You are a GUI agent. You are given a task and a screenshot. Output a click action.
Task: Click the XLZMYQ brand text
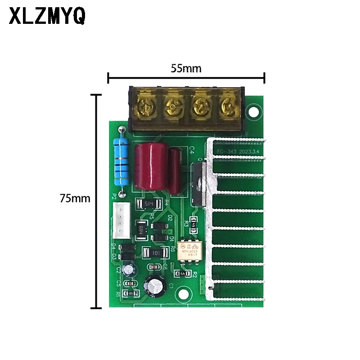tap(47, 18)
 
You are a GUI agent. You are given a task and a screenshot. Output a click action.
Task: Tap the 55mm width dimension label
tap(186, 68)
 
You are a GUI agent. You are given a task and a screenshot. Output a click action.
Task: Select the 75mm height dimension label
tap(75, 198)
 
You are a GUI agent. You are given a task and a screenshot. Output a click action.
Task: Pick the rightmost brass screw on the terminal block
tap(228, 107)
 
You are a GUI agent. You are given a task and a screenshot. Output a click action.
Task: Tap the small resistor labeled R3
tap(193, 222)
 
